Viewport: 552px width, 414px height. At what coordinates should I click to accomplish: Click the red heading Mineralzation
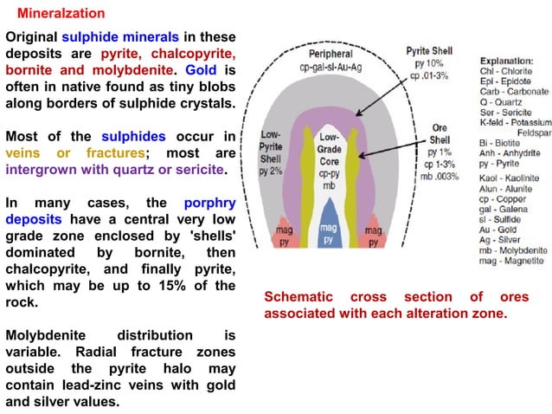pos(61,13)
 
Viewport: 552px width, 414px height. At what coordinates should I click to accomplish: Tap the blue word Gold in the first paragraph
pos(201,70)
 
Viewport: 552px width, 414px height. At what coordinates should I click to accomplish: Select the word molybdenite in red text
pos(132,70)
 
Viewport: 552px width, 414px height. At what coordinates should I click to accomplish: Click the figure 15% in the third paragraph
pos(172,286)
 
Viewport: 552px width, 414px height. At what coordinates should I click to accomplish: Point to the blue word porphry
pos(210,204)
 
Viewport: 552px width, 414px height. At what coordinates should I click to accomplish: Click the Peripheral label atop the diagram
pos(331,54)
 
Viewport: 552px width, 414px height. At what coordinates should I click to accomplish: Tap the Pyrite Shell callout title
pos(429,51)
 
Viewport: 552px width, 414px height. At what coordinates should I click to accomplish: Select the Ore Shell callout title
pos(440,134)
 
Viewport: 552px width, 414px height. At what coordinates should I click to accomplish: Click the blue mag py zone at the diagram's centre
pos(329,225)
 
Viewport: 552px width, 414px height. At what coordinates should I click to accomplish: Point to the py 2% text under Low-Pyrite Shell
pos(271,171)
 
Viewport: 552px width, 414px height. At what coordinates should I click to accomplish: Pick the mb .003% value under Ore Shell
pos(440,176)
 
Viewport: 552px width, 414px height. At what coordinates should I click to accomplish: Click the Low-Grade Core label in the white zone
pos(329,149)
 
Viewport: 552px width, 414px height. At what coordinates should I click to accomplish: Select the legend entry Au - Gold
pos(497,230)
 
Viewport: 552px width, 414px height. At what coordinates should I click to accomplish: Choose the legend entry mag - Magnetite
pos(511,261)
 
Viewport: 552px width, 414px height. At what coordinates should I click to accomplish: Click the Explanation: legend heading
pos(507,61)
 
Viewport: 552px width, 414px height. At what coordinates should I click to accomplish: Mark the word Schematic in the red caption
pos(298,297)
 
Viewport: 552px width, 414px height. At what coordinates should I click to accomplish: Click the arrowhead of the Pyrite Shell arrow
pos(358,113)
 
